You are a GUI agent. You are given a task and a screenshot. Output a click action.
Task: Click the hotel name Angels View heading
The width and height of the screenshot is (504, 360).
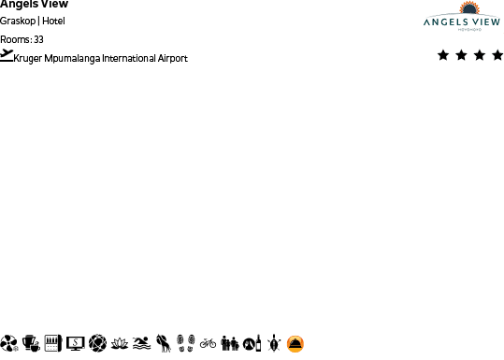tap(34, 4)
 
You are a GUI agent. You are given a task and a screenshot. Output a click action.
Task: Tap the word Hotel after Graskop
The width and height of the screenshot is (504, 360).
tap(53, 21)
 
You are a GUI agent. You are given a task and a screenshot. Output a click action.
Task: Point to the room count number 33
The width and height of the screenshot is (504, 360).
tap(38, 39)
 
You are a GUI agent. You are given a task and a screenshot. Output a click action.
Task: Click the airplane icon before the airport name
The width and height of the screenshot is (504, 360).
tap(7, 56)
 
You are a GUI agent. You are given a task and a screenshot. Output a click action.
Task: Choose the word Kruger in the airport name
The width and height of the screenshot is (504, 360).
tap(28, 59)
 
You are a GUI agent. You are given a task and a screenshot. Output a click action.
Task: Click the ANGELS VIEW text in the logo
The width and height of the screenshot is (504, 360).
tap(461, 22)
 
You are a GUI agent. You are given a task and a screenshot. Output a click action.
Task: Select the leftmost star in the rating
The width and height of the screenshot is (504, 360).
tap(443, 55)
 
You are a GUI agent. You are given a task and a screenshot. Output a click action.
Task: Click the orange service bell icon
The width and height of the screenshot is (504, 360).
tap(295, 343)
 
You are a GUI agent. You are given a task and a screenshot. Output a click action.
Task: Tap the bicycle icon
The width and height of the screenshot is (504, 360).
tap(208, 343)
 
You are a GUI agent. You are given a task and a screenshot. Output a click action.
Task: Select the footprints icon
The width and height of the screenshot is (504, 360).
tap(186, 343)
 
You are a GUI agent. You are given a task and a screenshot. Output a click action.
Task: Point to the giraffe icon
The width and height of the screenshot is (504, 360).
tap(164, 343)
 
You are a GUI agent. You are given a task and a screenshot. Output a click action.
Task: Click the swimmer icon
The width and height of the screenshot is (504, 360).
tap(141, 343)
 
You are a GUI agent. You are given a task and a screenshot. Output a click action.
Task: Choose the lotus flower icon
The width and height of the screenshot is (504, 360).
tap(119, 343)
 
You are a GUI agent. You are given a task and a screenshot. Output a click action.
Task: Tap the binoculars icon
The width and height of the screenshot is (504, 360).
tap(230, 343)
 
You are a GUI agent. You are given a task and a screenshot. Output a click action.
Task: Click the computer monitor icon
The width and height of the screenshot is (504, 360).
tap(76, 343)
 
